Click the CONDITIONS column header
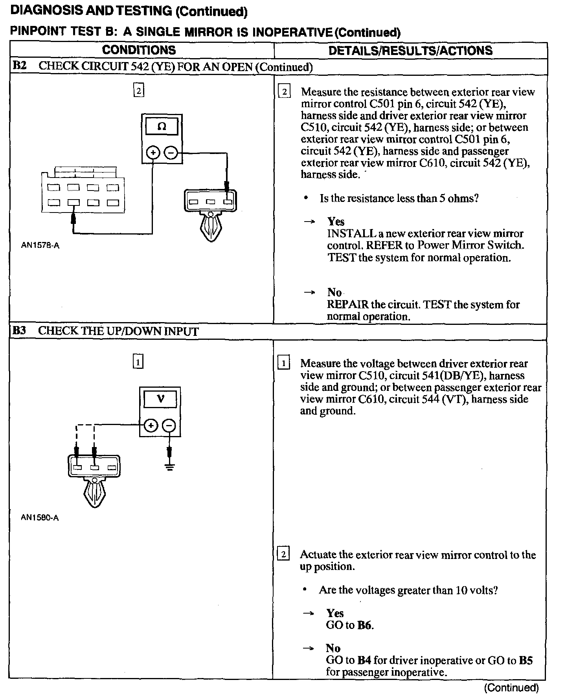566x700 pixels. click(x=139, y=50)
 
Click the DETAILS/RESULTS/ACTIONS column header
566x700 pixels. click(x=410, y=51)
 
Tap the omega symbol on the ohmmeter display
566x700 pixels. click(x=162, y=127)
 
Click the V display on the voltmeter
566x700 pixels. click(x=160, y=399)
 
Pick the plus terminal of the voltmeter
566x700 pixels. click(x=151, y=425)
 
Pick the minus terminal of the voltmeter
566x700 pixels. click(x=169, y=425)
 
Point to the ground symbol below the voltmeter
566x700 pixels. click(x=169, y=467)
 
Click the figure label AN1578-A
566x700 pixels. click(x=40, y=246)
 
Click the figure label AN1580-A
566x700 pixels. click(x=40, y=518)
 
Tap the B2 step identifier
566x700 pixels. click(x=19, y=66)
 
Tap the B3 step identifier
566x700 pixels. click(x=19, y=330)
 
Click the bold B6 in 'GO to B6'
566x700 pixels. click(x=365, y=625)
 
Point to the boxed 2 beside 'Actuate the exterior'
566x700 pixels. click(x=283, y=555)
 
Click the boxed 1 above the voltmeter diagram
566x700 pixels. click(x=138, y=362)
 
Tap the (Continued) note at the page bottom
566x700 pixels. click(x=511, y=687)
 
